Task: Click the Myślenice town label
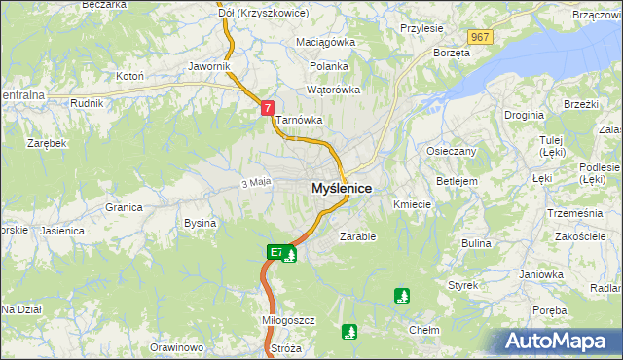(341, 188)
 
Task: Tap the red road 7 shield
(267, 109)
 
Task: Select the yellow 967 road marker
(478, 36)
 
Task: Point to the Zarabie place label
(357, 235)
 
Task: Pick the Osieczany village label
(451, 151)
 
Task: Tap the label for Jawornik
(209, 66)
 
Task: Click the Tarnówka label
(299, 121)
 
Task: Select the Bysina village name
(200, 223)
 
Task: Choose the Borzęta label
(452, 53)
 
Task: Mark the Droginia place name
(524, 115)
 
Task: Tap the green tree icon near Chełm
(402, 295)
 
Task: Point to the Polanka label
(328, 66)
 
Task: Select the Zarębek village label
(47, 143)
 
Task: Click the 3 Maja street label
(254, 182)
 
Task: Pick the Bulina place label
(476, 243)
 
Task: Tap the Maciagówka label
(326, 43)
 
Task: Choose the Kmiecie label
(412, 205)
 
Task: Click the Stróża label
(286, 347)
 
